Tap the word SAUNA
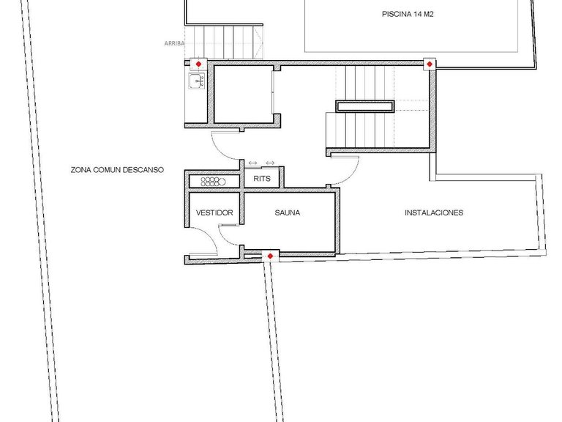[x=288, y=213]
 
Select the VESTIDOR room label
[x=214, y=213]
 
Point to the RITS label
[x=261, y=178]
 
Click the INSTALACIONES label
[x=434, y=213]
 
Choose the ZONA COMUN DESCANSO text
[x=117, y=169]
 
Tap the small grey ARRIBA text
[x=173, y=43]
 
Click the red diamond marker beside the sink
[x=197, y=64]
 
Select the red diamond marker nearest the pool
[x=430, y=65]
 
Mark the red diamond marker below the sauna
[x=270, y=256]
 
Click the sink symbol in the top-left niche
[x=195, y=81]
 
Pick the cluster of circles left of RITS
[x=214, y=181]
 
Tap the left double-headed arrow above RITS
[x=252, y=163]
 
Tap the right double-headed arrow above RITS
[x=270, y=163]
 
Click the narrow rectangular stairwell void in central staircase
[x=365, y=107]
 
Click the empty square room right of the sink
[x=241, y=95]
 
